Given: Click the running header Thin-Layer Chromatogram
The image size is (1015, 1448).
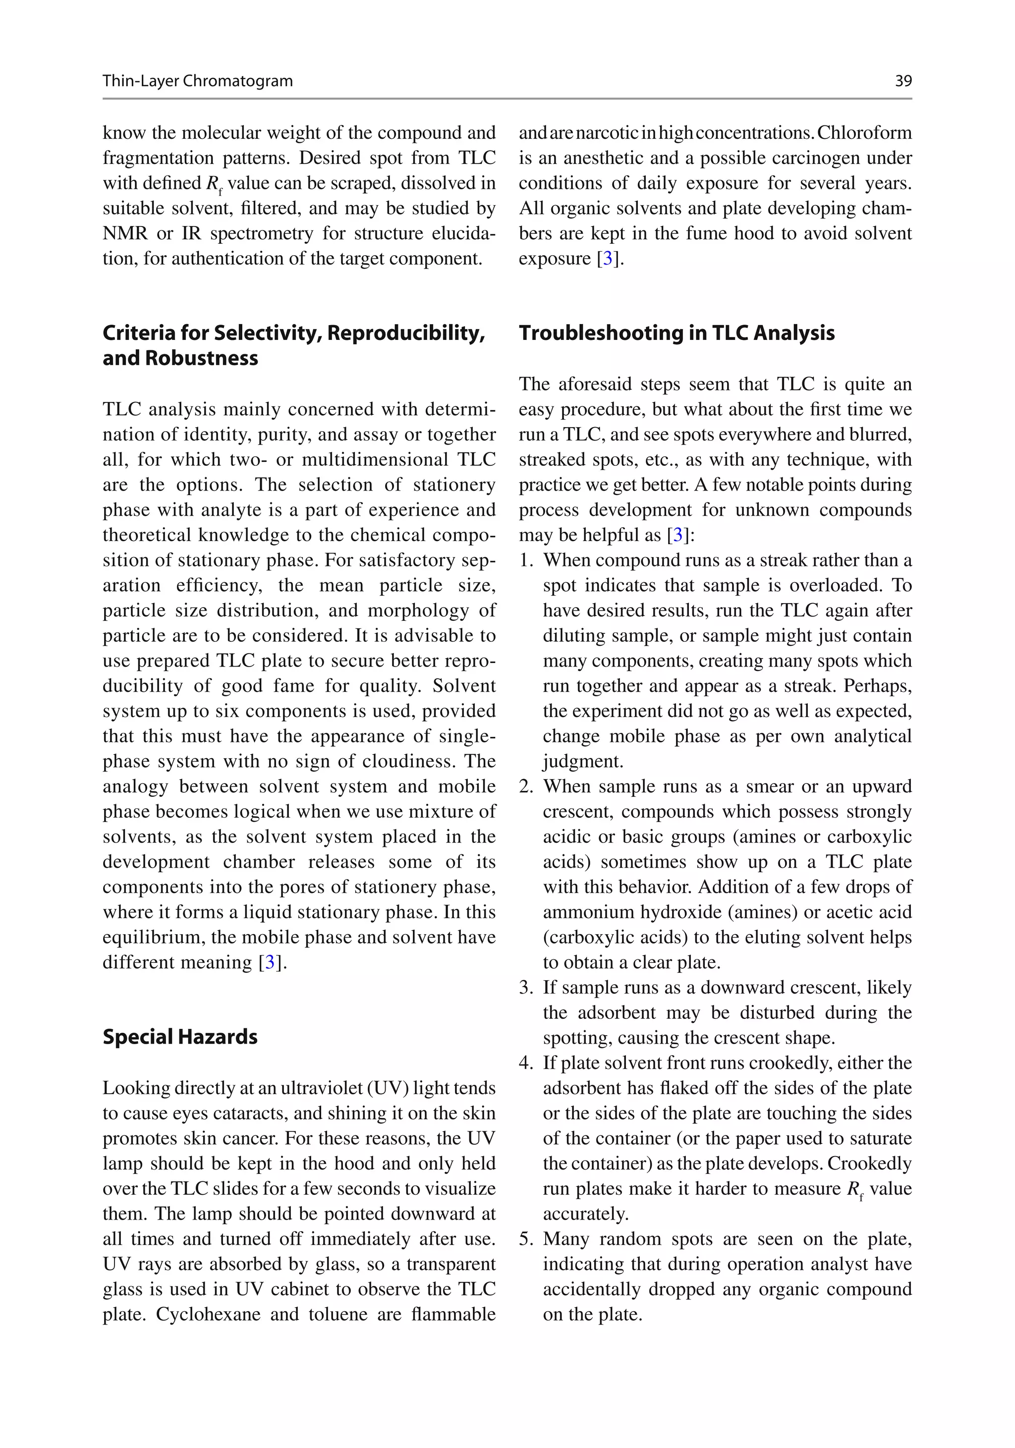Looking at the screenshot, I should [197, 81].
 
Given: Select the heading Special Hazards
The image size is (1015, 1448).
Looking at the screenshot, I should [180, 1037].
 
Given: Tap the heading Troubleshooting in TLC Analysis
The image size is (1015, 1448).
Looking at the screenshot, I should [676, 333].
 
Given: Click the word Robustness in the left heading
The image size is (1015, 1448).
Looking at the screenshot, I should [201, 358].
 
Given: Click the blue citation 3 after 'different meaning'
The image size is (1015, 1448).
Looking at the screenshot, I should [270, 962].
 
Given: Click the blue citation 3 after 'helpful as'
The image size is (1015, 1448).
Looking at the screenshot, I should [677, 535].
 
